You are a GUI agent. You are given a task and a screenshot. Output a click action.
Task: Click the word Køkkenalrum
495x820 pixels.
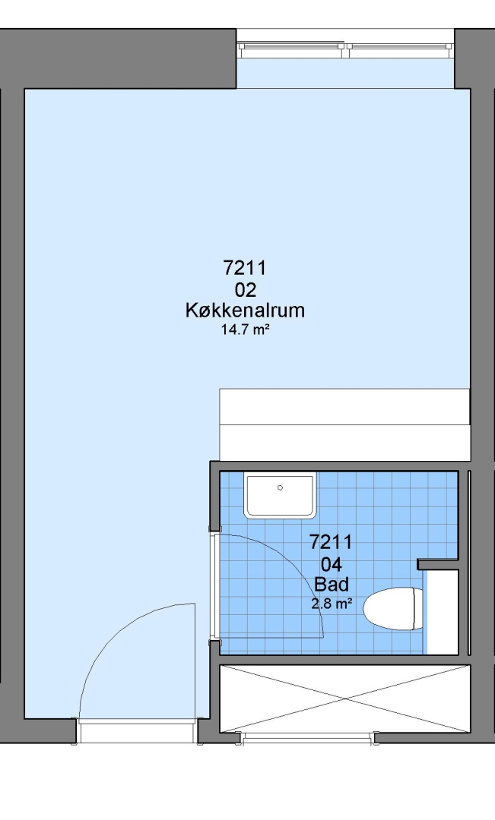(245, 310)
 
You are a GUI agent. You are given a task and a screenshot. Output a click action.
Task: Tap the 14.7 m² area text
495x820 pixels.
(245, 330)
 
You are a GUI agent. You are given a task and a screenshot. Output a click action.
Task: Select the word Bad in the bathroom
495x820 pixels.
(331, 585)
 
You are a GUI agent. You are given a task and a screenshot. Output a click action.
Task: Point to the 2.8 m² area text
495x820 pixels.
(331, 604)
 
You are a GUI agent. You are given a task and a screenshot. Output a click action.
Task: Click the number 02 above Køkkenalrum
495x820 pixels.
(245, 289)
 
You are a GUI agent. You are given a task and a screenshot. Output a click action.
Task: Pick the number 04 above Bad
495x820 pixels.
(331, 564)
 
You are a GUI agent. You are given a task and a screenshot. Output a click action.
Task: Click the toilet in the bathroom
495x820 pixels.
(393, 609)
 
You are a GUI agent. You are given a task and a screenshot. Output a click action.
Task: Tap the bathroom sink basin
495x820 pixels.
(281, 495)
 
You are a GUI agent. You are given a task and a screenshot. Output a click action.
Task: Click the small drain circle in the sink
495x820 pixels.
(281, 487)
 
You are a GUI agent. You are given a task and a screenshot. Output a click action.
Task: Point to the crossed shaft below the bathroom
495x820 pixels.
(344, 699)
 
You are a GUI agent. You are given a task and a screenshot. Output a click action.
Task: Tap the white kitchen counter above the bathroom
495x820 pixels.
(344, 424)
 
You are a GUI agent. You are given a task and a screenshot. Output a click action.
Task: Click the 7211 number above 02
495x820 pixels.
(245, 268)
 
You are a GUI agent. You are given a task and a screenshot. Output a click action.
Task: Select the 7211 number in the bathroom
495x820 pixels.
(331, 542)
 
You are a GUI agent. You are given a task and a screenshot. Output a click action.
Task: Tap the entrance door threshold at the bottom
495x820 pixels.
(137, 731)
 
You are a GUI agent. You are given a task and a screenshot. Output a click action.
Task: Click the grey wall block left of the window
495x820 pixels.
(118, 58)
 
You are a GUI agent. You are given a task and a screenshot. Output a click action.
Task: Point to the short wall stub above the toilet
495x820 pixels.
(438, 564)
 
